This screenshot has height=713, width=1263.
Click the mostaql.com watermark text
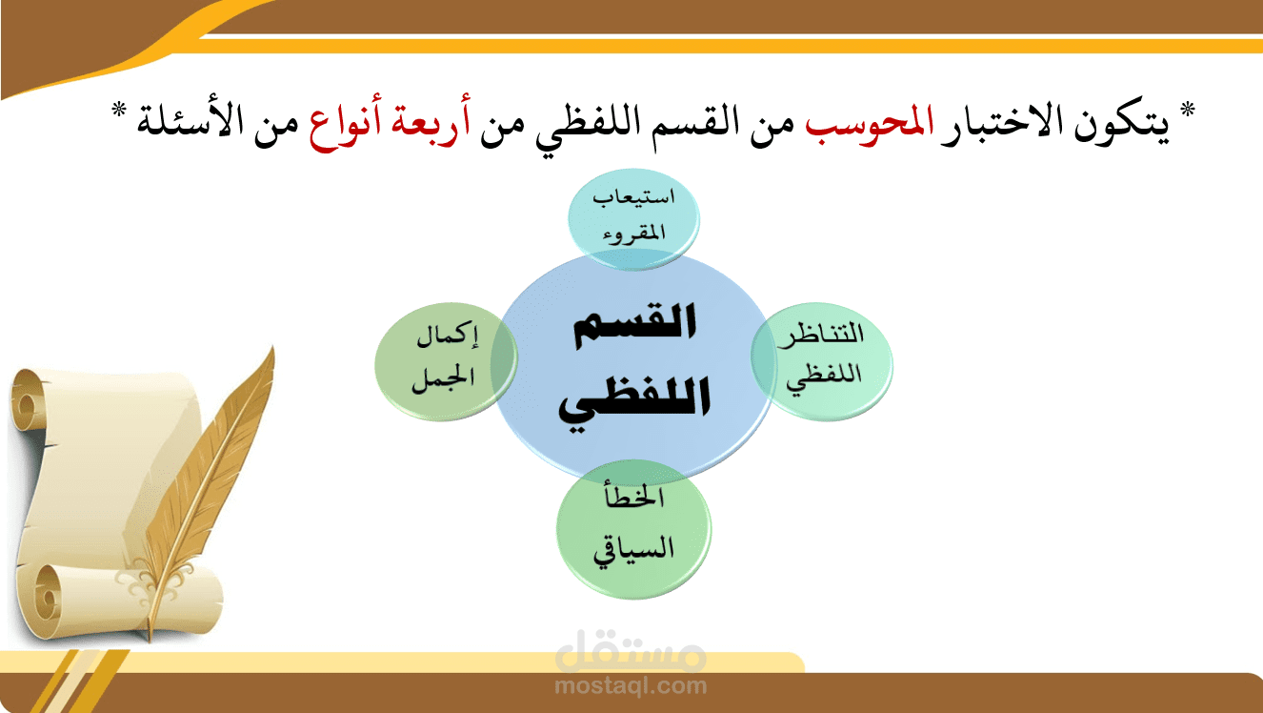click(631, 685)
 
